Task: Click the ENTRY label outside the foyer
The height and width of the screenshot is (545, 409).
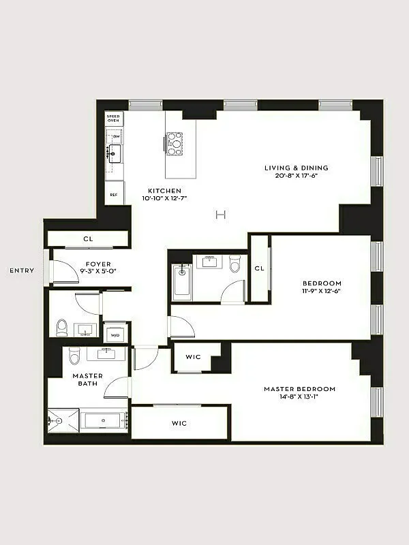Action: [x=22, y=270]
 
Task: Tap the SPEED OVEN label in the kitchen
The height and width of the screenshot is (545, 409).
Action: [x=113, y=118]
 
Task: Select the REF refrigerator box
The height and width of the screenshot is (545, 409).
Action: [x=113, y=193]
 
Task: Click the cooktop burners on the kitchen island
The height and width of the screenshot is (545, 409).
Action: [x=175, y=143]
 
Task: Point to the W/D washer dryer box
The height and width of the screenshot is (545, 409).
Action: [x=115, y=334]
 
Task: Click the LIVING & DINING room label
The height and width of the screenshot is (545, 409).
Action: [x=297, y=168]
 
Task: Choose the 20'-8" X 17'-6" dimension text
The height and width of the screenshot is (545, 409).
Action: [x=297, y=176]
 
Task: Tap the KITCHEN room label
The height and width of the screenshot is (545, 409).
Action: [x=165, y=191]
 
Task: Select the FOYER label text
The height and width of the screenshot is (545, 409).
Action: [x=98, y=264]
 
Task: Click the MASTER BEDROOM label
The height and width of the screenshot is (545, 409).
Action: [x=300, y=389]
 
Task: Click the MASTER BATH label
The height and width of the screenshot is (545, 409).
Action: [x=88, y=379]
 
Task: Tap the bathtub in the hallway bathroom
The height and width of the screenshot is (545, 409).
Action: [x=182, y=282]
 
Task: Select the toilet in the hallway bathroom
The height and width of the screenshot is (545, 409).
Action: [x=235, y=262]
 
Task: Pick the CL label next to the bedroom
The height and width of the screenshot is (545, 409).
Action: [x=259, y=269]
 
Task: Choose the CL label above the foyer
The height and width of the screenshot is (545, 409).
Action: [x=88, y=239]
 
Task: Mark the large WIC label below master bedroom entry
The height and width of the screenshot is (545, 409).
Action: [x=179, y=423]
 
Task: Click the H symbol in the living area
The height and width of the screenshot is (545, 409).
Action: [x=220, y=215]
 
